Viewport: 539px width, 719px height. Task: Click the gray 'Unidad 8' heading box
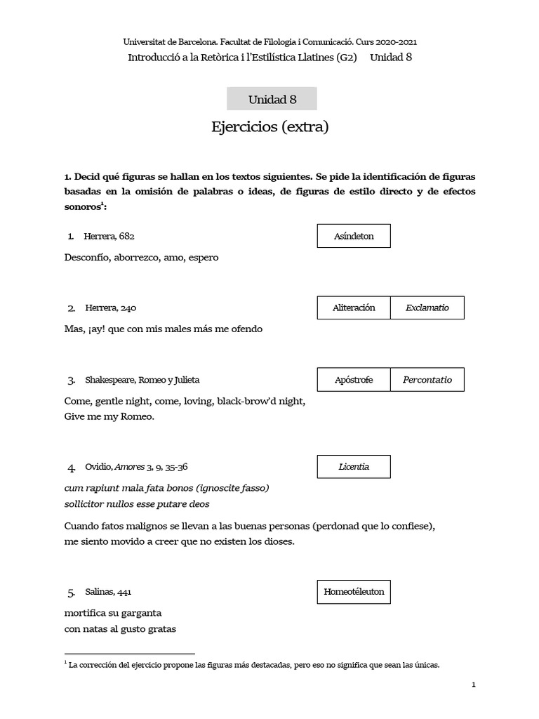click(x=272, y=99)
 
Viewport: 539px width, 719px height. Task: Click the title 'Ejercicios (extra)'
click(x=269, y=127)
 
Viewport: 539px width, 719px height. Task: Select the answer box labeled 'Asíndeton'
click(x=354, y=236)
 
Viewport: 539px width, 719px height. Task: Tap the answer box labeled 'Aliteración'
click(x=354, y=308)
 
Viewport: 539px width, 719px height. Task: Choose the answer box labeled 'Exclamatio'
click(x=427, y=308)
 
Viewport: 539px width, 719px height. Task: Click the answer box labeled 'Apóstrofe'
click(x=354, y=380)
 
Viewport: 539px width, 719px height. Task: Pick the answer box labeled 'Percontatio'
click(x=427, y=380)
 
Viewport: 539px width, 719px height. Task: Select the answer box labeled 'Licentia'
click(x=354, y=466)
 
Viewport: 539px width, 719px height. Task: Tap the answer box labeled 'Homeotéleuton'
click(x=354, y=592)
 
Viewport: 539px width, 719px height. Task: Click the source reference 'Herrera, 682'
click(x=109, y=236)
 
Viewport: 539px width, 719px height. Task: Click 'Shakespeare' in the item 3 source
click(x=109, y=380)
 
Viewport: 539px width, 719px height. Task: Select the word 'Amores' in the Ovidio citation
click(x=129, y=467)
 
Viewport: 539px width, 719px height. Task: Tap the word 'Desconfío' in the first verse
click(x=86, y=258)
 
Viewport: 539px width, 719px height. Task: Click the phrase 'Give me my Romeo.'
click(x=109, y=416)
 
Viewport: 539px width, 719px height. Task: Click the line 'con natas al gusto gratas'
click(x=120, y=628)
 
